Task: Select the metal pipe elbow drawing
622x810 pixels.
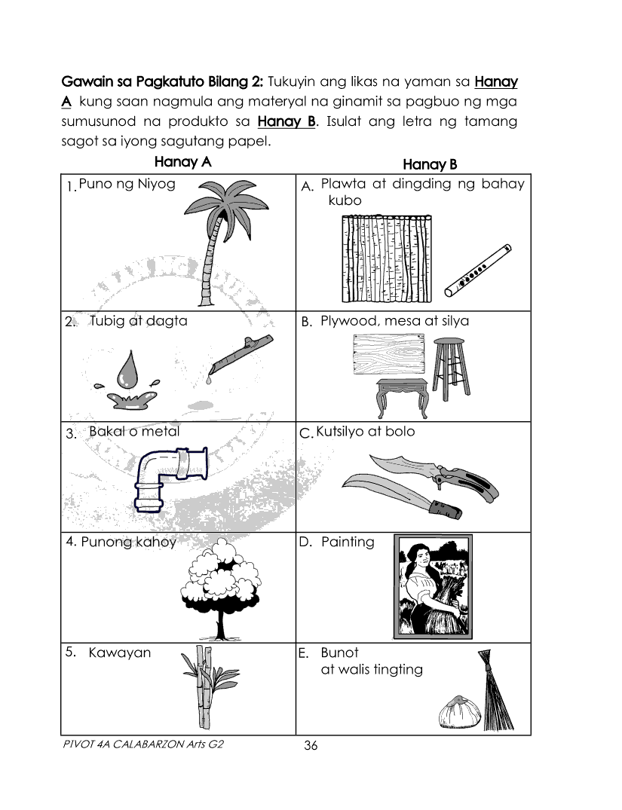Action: tap(169, 478)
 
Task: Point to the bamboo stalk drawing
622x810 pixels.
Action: tap(198, 686)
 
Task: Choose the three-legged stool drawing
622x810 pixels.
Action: tap(451, 368)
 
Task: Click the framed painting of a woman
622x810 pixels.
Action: tap(434, 585)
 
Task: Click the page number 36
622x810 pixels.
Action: tap(311, 746)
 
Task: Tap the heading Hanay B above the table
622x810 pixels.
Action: tap(430, 164)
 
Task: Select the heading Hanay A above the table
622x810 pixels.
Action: tap(182, 161)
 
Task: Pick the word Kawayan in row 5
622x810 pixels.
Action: tap(119, 653)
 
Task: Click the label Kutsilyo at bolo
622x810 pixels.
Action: tap(365, 433)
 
